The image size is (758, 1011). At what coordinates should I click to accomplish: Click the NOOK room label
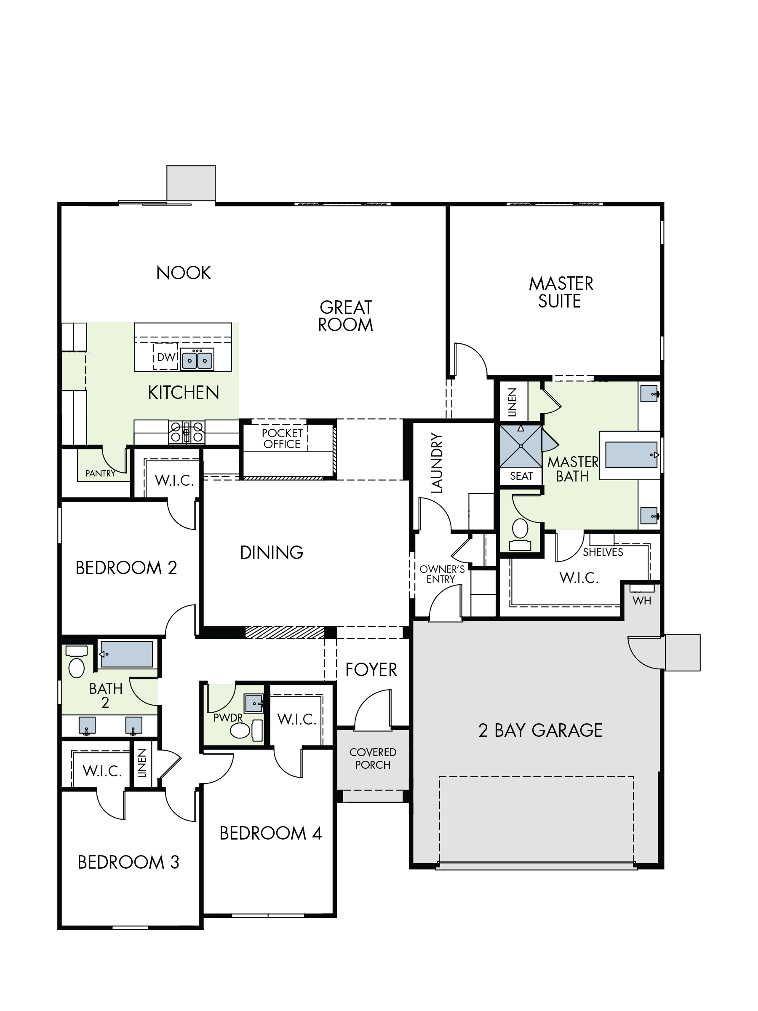coord(184,273)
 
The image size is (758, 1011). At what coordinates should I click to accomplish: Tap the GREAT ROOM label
coord(346,316)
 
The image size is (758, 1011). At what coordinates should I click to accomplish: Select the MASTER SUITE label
coord(560,292)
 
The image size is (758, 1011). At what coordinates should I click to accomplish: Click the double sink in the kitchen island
coord(198,360)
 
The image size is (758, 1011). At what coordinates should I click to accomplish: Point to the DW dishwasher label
coord(167,357)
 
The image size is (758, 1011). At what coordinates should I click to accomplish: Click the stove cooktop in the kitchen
coord(187,432)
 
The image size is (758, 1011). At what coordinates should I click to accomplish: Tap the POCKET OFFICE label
coord(283,439)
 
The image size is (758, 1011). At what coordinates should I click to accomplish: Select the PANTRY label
coord(100,473)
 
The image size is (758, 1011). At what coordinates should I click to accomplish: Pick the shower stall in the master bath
coord(521,446)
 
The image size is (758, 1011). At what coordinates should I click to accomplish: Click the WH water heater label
coord(642,601)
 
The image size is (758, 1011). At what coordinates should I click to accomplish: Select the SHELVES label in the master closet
coord(603,552)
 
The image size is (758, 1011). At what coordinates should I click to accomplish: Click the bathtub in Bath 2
coord(126,654)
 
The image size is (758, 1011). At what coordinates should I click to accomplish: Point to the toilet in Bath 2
coord(77,661)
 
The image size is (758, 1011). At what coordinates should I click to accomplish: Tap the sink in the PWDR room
coord(254,703)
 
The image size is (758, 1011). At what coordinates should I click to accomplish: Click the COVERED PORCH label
coord(373,758)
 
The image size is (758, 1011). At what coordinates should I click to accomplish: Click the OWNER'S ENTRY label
coord(441,574)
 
